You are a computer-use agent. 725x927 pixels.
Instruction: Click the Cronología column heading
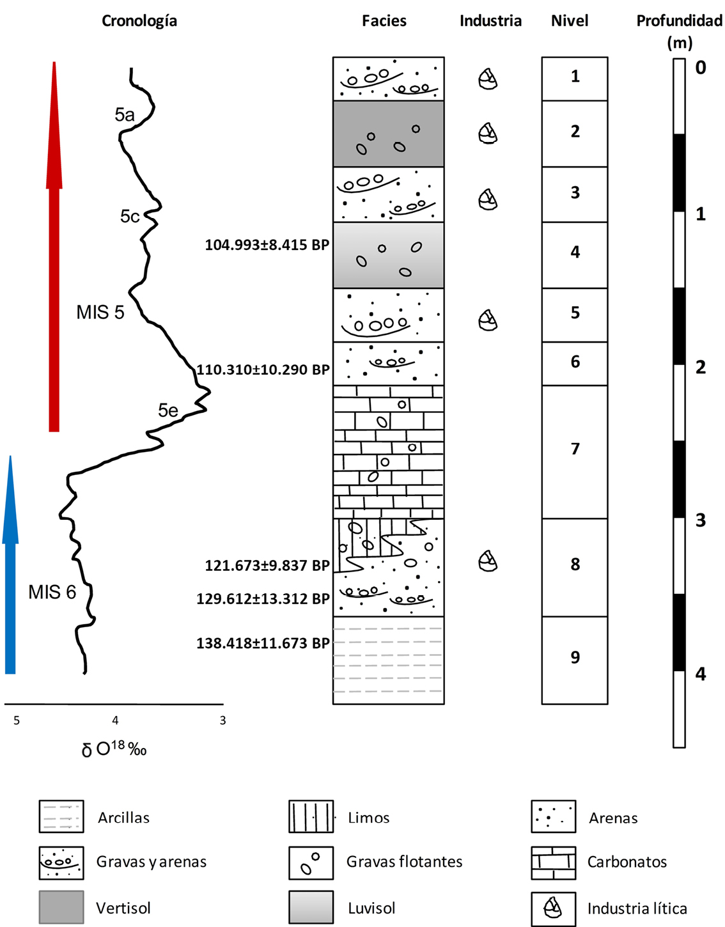139,21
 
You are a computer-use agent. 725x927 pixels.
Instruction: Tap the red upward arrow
54,247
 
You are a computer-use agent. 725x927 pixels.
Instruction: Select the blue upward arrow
10,565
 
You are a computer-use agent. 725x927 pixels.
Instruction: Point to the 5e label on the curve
168,410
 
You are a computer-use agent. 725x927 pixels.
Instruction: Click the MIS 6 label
52,592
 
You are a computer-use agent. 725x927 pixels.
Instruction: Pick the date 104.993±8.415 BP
267,245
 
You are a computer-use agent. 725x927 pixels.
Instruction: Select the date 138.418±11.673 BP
263,643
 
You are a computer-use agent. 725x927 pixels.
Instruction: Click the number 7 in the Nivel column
575,449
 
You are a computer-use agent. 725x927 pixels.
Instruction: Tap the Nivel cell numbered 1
575,79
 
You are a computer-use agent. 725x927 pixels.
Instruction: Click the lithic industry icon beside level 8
488,561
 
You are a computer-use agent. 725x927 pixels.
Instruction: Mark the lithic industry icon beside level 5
488,320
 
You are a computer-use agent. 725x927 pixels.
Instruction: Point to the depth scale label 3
701,520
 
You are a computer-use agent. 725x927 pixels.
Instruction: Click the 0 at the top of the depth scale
701,67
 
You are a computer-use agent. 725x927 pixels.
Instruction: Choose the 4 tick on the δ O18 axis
115,721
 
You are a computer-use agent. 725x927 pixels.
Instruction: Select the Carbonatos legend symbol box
554,862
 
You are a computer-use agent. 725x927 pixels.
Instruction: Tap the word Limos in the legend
369,818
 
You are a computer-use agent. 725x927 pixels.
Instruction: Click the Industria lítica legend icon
554,908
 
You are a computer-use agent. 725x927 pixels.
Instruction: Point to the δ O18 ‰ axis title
114,749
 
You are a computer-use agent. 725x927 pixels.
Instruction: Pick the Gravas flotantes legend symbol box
311,862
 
